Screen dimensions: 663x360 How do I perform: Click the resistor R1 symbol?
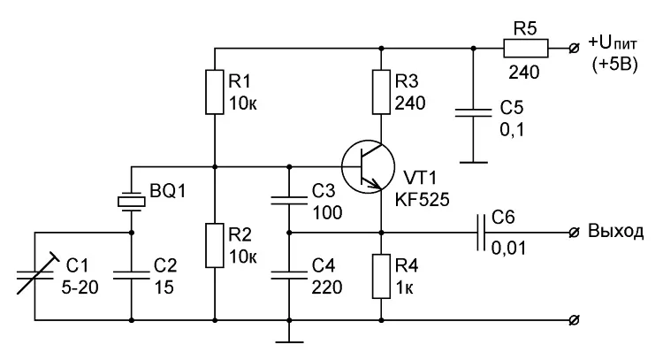tap(215, 92)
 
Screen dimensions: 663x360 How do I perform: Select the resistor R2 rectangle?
tap(215, 245)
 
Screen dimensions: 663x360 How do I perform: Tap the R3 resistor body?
tap(381, 92)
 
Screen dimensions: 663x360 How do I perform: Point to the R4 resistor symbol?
tap(381, 276)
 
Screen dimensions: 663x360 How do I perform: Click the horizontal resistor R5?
tap(526, 49)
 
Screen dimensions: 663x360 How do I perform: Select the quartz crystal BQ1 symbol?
tap(131, 202)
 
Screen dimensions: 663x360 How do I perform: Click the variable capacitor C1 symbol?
tap(35, 274)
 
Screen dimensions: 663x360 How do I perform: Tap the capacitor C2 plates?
tap(131, 275)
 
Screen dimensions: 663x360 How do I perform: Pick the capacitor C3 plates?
tap(289, 201)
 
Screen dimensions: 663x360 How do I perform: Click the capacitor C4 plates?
tap(289, 275)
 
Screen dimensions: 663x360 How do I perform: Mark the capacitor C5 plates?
tap(473, 113)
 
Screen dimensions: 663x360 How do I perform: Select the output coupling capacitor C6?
tap(481, 233)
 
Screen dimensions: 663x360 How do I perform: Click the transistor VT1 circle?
tap(369, 166)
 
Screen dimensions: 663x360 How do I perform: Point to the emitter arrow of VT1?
tap(371, 183)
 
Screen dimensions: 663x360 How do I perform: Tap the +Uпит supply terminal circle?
tap(574, 49)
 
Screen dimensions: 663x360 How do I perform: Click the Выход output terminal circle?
tap(574, 233)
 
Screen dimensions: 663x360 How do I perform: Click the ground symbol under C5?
tap(473, 162)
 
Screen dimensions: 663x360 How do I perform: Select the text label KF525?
tap(422, 199)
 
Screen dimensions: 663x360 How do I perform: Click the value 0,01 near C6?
tap(508, 248)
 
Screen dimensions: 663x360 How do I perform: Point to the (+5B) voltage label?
tap(614, 65)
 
